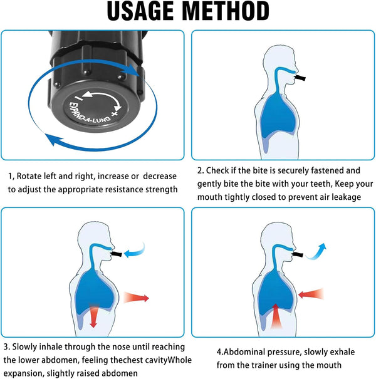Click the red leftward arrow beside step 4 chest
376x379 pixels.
[x=311, y=293]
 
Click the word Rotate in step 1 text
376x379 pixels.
[x=32, y=175]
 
